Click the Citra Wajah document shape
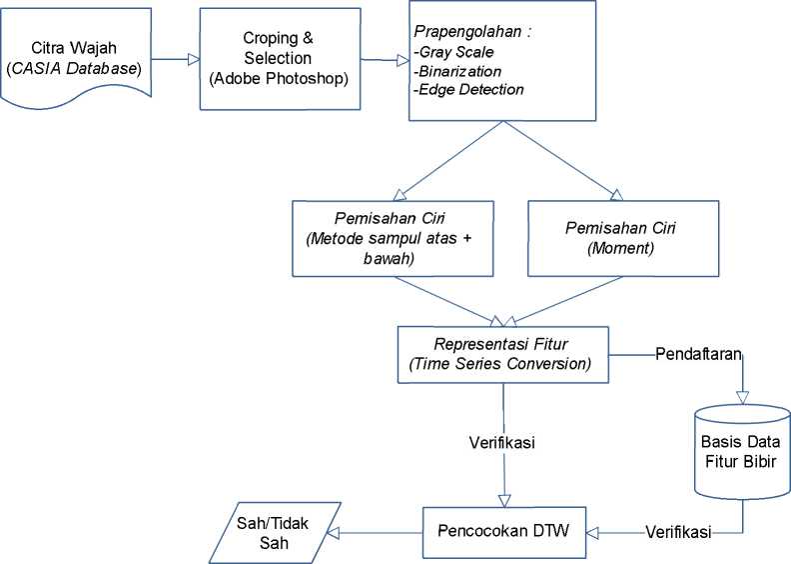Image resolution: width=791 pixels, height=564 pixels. coord(76,57)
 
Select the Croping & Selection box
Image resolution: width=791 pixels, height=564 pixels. coord(280,59)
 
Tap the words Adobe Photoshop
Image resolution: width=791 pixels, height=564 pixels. coord(279,78)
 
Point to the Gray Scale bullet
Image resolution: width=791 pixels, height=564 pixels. coord(453,52)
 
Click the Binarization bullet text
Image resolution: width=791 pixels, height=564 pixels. coord(457,71)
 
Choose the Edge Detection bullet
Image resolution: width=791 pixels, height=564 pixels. coord(468,89)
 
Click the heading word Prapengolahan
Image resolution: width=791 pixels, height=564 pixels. coord(467,32)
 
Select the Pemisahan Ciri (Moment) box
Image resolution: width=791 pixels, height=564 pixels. coord(623,238)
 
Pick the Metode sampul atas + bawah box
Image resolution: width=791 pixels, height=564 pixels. coord(393,238)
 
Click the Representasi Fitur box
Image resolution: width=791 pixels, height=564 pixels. coord(503,354)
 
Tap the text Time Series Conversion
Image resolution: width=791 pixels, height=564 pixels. coord(500,364)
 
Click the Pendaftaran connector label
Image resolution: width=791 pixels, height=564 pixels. coord(699,353)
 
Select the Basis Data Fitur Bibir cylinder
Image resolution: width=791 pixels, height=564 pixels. coord(742,451)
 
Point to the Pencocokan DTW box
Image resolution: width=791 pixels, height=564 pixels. coord(504,532)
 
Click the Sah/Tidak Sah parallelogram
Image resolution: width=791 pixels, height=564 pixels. coord(275,533)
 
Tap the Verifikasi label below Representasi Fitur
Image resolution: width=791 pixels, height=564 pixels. coord(502,442)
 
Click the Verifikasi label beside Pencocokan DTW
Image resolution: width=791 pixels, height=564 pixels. coord(678,531)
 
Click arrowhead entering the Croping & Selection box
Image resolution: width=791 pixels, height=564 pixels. coord(194,59)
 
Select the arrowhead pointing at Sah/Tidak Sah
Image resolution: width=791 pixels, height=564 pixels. coord(333,533)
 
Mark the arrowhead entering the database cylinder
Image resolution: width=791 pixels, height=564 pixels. coord(743,398)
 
